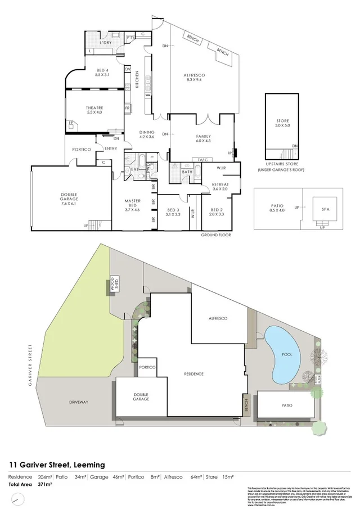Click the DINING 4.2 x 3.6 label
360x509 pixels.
pyautogui.click(x=146, y=134)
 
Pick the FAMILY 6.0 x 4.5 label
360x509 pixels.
pyautogui.click(x=202, y=138)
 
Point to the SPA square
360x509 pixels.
pyautogui.click(x=325, y=209)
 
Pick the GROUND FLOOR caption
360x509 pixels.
pyautogui.click(x=217, y=235)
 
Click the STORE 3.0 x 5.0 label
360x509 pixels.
pyautogui.click(x=282, y=124)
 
